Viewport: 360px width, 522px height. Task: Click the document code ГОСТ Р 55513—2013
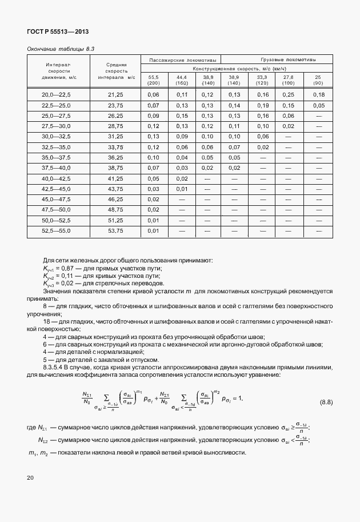[x=58, y=32]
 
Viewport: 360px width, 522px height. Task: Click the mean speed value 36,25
[x=115, y=157]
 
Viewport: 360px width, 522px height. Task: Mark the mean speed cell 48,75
[x=115, y=210]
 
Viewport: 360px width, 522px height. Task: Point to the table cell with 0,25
[x=288, y=94]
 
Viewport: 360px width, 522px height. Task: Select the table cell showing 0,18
[x=318, y=94]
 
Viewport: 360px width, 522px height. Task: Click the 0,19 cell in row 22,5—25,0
[x=262, y=105]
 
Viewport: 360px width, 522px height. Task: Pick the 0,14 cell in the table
[x=234, y=105]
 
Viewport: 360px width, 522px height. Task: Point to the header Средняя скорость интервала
[x=115, y=71]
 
